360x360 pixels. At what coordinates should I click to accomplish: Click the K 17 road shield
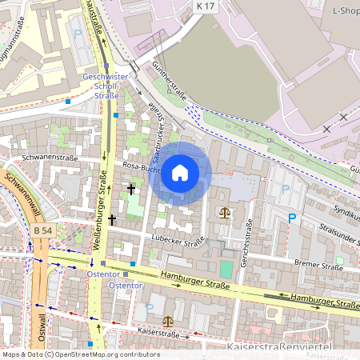(206, 6)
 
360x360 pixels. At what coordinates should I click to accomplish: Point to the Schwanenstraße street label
(50, 158)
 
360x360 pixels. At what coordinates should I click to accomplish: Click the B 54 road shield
(42, 231)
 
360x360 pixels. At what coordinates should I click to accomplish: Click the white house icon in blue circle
(180, 172)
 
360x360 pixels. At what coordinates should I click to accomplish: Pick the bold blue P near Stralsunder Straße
(292, 218)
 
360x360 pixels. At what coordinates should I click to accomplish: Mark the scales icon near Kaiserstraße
(166, 319)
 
